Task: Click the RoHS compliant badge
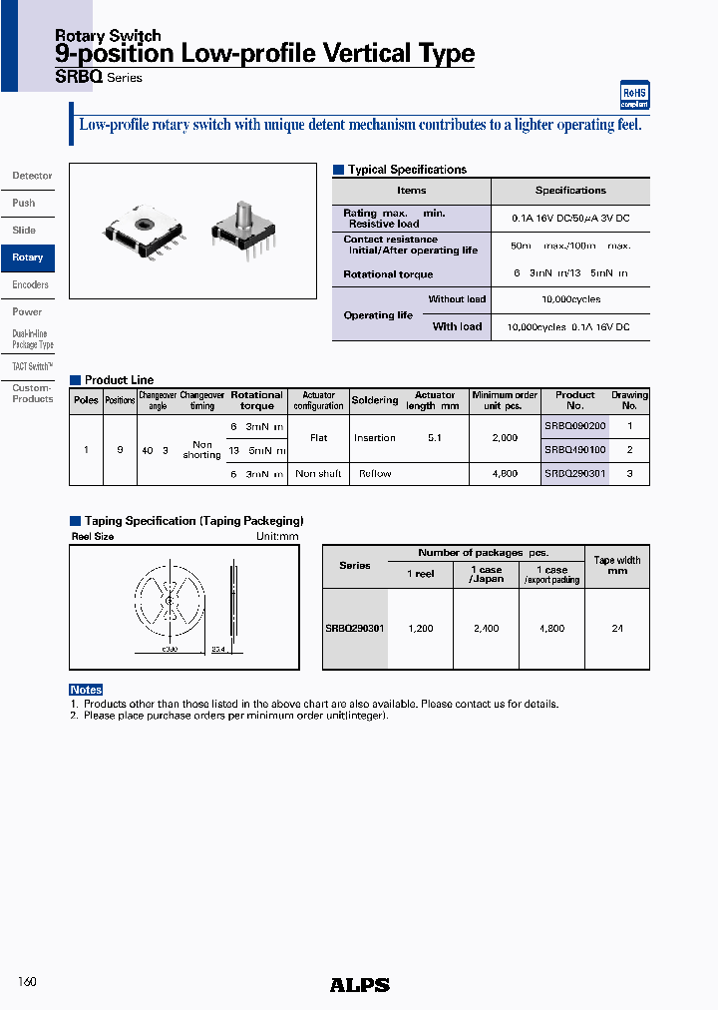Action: point(634,95)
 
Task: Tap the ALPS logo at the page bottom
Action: point(359,985)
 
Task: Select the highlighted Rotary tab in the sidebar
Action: point(28,257)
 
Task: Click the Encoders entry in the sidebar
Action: point(30,284)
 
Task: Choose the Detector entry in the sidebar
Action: point(32,176)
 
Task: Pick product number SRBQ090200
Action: point(575,426)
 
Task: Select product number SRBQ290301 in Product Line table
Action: point(575,474)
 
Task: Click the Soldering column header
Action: point(375,400)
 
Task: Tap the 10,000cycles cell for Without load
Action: point(569,299)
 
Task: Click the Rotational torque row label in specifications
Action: point(388,274)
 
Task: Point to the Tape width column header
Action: point(617,566)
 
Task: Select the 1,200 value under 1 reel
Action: point(420,629)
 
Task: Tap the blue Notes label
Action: point(86,690)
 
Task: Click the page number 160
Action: point(27,982)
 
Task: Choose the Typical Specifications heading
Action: point(407,170)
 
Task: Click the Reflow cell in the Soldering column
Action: point(375,474)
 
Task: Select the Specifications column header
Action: point(570,191)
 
